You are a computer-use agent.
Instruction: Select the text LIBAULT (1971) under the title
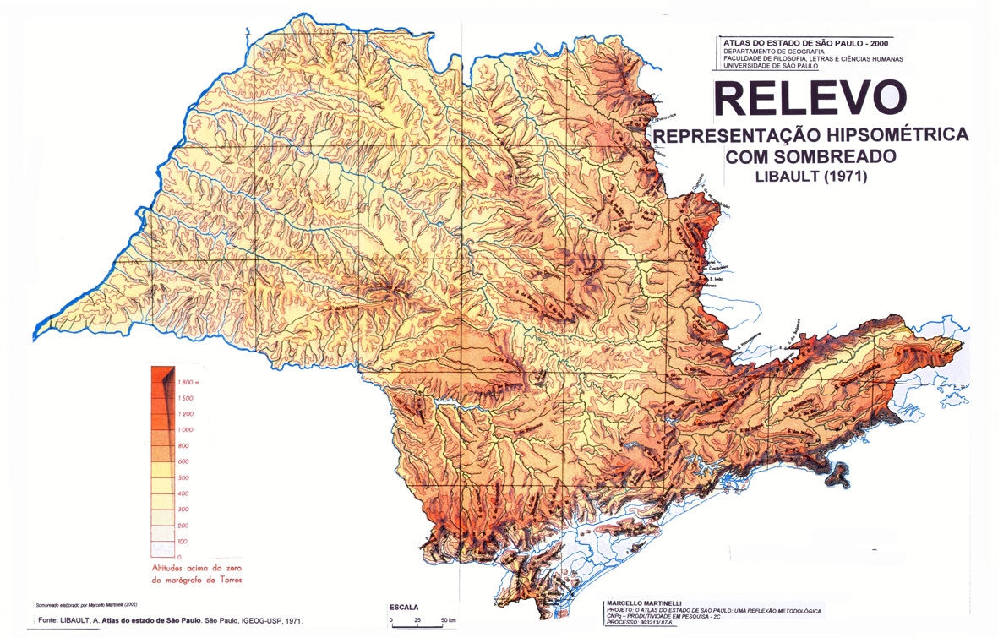810,177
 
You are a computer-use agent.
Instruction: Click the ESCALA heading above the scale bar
403,608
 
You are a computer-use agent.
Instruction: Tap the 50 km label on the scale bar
448,620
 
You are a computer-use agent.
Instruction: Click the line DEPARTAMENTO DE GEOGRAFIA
777,51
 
